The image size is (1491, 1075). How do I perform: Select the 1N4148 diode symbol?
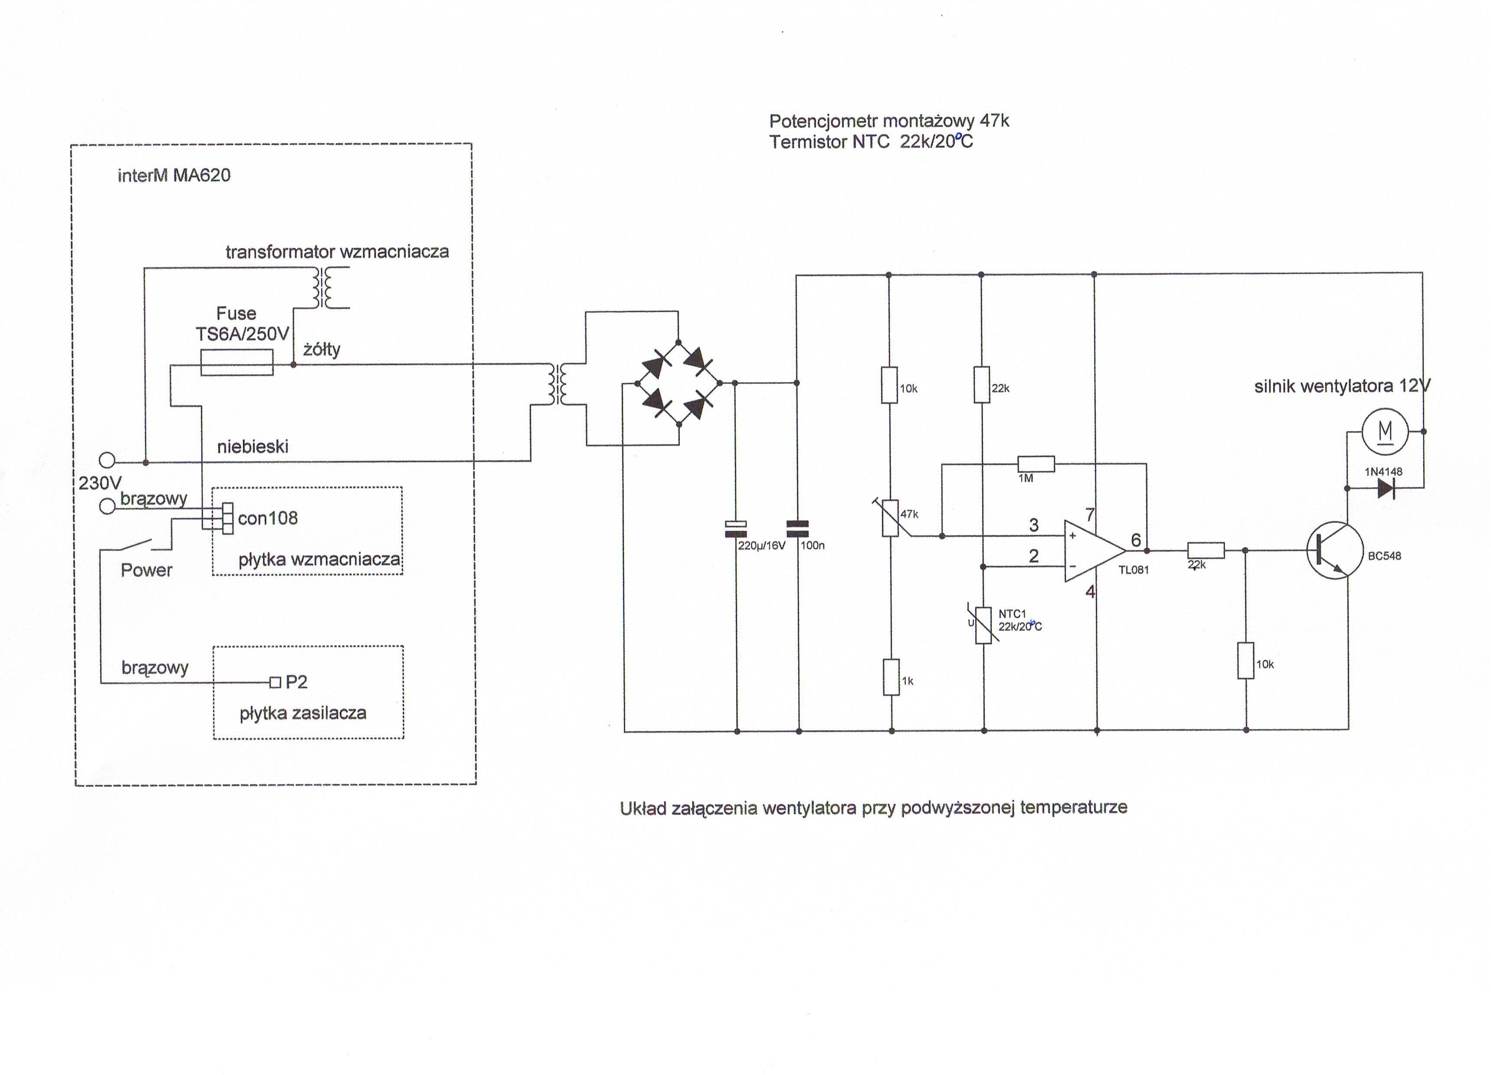(1386, 488)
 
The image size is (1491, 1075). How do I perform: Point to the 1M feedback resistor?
(1036, 464)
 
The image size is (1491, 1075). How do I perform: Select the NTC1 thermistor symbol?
(983, 625)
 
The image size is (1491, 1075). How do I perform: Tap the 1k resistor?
(891, 677)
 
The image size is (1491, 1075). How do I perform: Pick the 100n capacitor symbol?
(797, 529)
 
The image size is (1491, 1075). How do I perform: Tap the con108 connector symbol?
(227, 518)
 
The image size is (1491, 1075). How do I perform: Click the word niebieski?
(252, 447)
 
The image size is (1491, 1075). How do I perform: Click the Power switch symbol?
(135, 546)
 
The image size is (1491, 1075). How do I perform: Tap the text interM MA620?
(174, 176)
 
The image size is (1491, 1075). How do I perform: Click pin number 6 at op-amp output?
(1135, 540)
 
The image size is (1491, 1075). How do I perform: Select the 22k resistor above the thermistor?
(982, 385)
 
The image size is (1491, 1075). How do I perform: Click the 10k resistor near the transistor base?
(1245, 660)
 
